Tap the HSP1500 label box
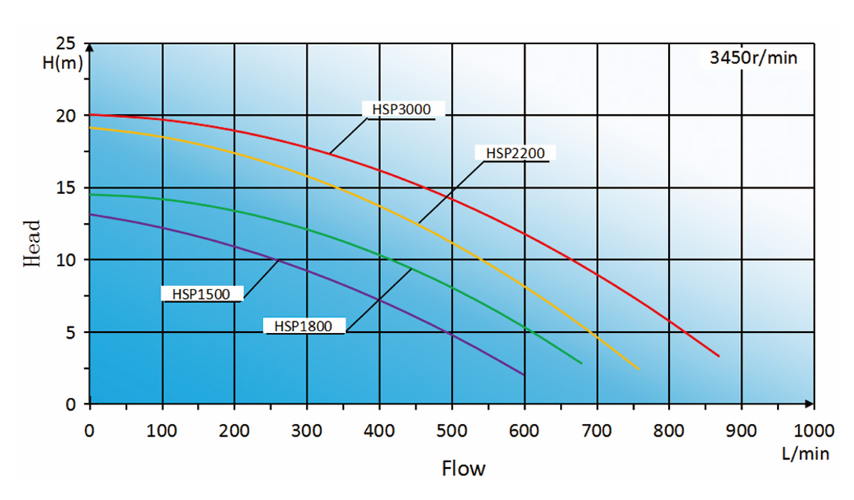pos(201,293)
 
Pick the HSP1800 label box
pos(303,326)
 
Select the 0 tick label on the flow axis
pos(90,431)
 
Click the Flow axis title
pos(463,469)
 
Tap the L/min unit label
pos(804,453)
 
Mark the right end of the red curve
pos(719,356)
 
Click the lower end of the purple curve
pos(524,374)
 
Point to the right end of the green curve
pos(581,363)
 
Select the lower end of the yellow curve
pos(638,369)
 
